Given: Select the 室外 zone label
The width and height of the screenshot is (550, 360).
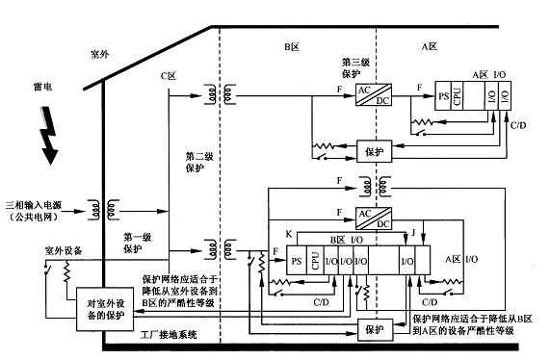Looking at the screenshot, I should pyautogui.click(x=101, y=55).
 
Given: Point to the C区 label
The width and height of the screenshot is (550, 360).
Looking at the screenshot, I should pyautogui.click(x=170, y=75).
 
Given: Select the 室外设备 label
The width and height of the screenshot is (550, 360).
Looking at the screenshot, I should pyautogui.click(x=39, y=248).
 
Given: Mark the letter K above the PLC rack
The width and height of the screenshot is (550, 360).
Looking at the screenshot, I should pyautogui.click(x=288, y=234).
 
